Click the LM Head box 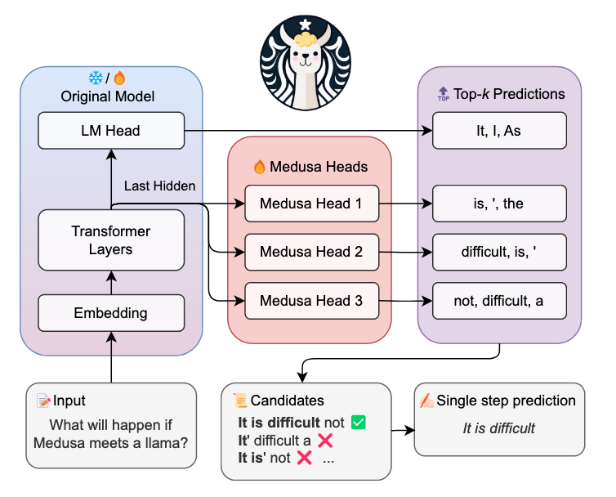[x=111, y=130]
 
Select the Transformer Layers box [x=111, y=240]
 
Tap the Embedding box [x=111, y=313]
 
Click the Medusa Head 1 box [x=310, y=204]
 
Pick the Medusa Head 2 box [x=310, y=253]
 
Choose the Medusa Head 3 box [x=310, y=302]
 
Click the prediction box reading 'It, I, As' [x=499, y=130]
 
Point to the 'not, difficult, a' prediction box [x=499, y=302]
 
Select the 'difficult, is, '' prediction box [x=499, y=253]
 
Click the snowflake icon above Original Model [x=96, y=78]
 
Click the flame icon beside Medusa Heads [x=260, y=167]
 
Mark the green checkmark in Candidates [x=357, y=423]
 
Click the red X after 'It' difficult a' [x=325, y=441]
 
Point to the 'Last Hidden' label [x=159, y=186]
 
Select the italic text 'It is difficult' [x=499, y=428]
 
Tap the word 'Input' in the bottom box [x=69, y=401]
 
